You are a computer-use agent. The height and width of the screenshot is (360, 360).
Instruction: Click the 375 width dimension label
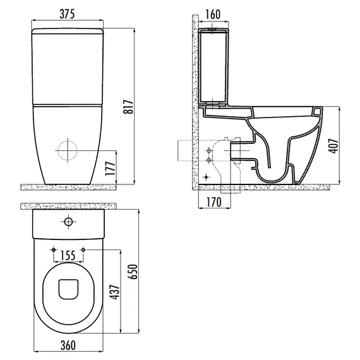tap(67, 14)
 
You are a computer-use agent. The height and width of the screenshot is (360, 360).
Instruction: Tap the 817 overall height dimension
tap(128, 107)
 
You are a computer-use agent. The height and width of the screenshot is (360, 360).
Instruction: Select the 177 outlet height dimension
tap(110, 169)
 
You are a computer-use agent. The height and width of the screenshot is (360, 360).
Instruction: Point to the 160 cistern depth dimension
tap(213, 15)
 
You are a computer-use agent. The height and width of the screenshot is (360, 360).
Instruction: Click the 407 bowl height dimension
tap(333, 145)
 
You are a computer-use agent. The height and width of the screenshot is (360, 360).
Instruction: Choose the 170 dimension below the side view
tap(214, 202)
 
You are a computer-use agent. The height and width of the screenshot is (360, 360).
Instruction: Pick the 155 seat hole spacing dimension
tap(68, 255)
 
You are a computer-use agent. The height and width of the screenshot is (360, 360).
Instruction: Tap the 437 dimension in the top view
tap(115, 292)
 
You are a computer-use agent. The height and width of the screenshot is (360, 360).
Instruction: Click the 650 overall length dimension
tap(133, 272)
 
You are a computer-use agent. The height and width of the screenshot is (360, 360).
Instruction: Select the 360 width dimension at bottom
tap(68, 345)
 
